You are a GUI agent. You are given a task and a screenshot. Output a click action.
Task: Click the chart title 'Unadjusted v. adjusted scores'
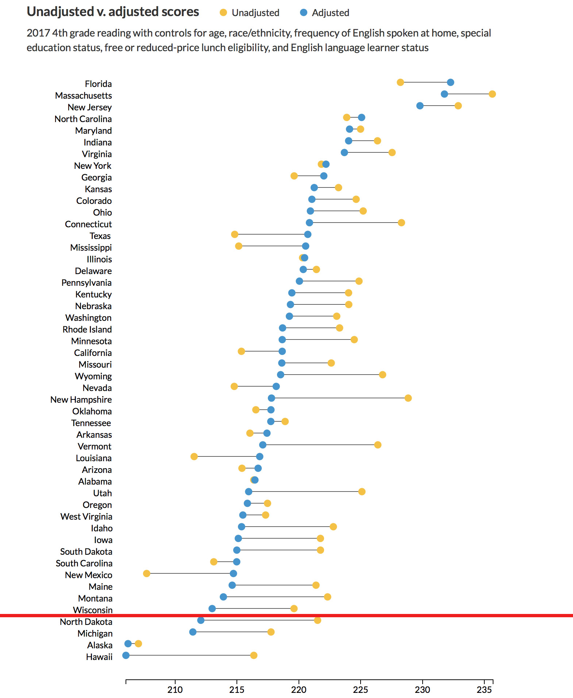tap(113, 12)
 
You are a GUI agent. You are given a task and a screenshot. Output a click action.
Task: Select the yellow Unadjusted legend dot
tap(223, 13)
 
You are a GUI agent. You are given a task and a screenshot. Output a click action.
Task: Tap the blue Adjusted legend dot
tap(303, 13)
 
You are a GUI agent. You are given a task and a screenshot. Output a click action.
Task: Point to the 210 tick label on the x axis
tap(175, 690)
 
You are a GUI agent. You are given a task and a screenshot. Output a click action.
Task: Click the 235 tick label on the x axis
tap(484, 690)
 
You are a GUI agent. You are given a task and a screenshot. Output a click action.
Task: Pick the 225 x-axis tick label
tap(361, 690)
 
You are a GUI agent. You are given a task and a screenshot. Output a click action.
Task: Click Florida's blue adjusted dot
tap(450, 82)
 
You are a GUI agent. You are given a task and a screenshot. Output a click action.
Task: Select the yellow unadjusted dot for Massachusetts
tap(492, 94)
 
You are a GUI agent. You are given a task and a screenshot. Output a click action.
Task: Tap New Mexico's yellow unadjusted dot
tap(146, 573)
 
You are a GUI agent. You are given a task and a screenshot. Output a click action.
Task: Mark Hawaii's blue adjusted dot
tap(126, 655)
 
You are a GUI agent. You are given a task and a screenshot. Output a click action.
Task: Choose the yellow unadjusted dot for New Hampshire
tap(408, 398)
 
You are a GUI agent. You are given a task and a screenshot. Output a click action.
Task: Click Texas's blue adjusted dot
tap(308, 234)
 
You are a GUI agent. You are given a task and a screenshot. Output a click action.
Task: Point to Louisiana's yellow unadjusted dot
tap(194, 456)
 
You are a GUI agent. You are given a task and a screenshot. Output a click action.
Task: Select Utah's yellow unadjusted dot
tap(362, 492)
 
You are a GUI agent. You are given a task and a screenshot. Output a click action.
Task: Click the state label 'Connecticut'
tap(88, 224)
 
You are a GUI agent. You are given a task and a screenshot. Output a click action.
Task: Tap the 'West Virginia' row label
tap(86, 516)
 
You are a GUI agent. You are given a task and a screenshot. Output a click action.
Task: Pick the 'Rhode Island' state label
tap(87, 329)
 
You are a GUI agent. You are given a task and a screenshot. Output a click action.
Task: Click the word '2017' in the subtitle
tap(38, 33)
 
